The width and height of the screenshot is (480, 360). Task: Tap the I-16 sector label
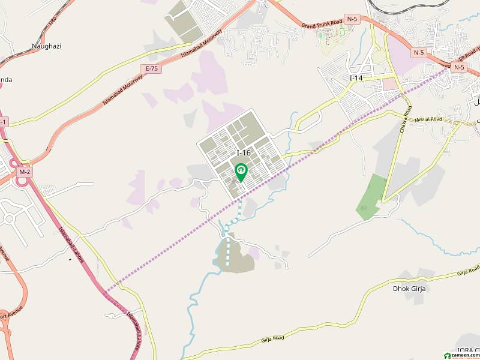pyautogui.click(x=244, y=154)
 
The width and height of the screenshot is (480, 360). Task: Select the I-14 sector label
pyautogui.click(x=356, y=78)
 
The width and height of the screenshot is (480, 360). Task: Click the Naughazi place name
pyautogui.click(x=46, y=46)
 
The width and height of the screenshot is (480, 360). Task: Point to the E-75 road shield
pyautogui.click(x=152, y=68)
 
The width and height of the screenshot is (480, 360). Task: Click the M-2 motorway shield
pyautogui.click(x=25, y=172)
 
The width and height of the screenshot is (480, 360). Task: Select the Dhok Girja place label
pyautogui.click(x=409, y=288)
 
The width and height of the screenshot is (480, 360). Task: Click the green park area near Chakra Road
pyautogui.click(x=371, y=195)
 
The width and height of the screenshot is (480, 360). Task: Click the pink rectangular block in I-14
pyautogui.click(x=389, y=84)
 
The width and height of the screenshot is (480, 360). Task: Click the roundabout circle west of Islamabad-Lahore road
pyautogui.click(x=10, y=219)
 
